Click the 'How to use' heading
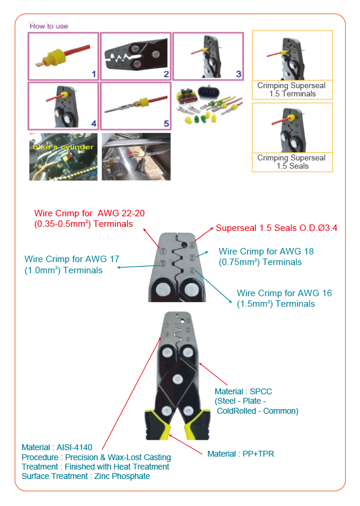pyautogui.click(x=49, y=26)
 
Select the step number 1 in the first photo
pyautogui.click(x=92, y=74)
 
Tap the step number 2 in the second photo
pyautogui.click(x=166, y=74)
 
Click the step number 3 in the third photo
pyautogui.click(x=238, y=74)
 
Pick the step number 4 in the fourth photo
pyautogui.click(x=92, y=124)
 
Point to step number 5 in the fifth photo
pyautogui.click(x=166, y=124)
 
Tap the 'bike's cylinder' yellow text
pyautogui.click(x=62, y=147)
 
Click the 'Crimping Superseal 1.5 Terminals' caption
pyautogui.click(x=292, y=89)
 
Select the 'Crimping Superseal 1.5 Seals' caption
pyautogui.click(x=292, y=162)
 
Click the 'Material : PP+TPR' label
pyautogui.click(x=241, y=454)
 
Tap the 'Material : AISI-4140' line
pyautogui.click(x=57, y=447)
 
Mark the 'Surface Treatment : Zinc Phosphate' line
pyautogui.click(x=85, y=476)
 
